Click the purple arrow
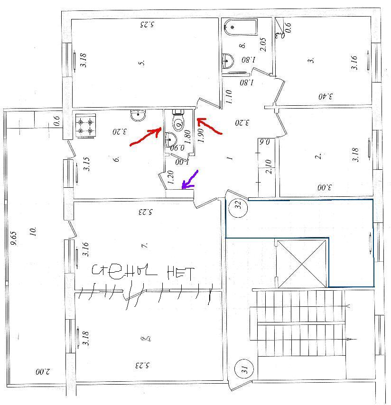click(x=191, y=179)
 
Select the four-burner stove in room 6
click(x=86, y=126)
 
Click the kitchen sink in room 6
click(x=139, y=115)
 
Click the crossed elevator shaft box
click(x=302, y=263)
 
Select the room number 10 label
click(x=33, y=232)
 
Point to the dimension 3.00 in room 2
click(x=325, y=188)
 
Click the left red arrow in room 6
click(x=145, y=138)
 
